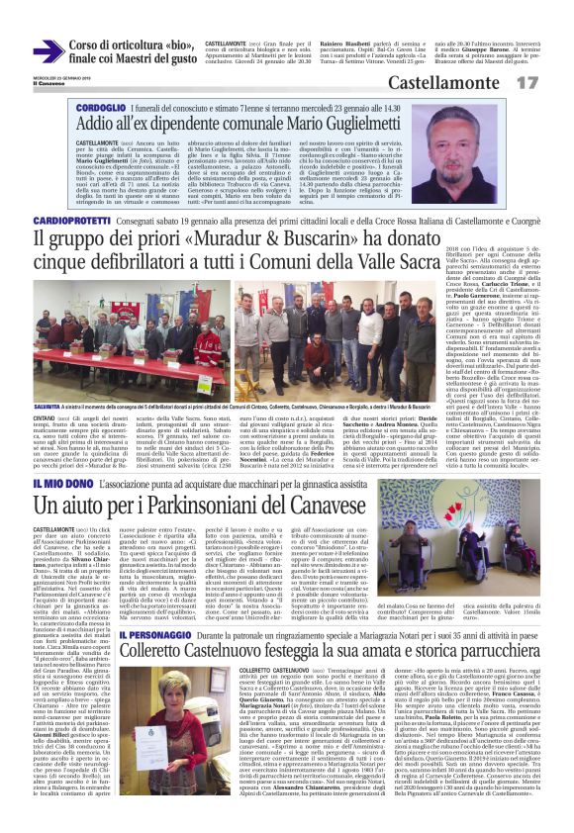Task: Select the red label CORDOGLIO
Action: pos(100,105)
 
